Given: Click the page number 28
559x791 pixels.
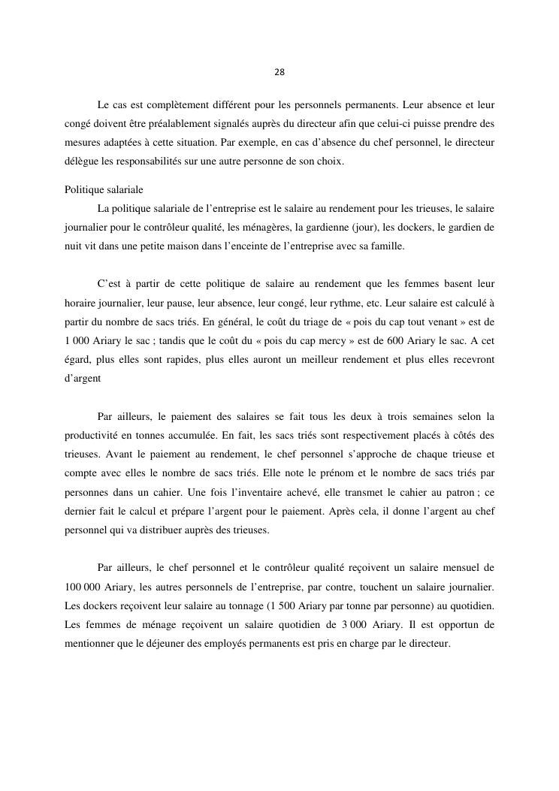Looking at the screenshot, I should point(279,72).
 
